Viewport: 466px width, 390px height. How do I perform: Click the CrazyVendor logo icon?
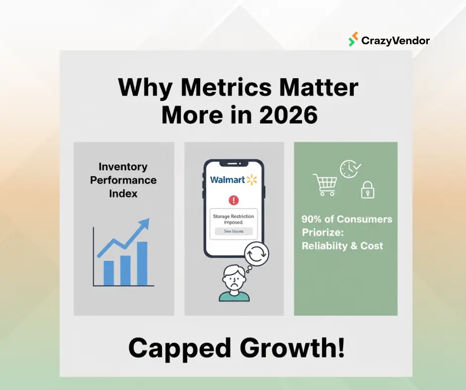[x=353, y=40]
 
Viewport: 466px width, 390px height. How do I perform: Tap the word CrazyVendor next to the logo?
[x=395, y=40]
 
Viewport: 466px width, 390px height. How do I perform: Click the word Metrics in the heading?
[x=226, y=88]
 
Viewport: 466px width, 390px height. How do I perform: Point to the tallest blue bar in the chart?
[x=142, y=263]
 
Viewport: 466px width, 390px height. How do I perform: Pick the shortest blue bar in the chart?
[x=109, y=273]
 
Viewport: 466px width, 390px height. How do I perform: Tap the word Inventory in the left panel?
[x=123, y=167]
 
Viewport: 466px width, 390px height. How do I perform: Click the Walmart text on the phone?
[x=228, y=180]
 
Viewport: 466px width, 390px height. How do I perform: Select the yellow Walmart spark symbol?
[x=252, y=179]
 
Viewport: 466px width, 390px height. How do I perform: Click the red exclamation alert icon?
[x=233, y=200]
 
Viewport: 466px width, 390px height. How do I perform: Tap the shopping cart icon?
[x=325, y=185]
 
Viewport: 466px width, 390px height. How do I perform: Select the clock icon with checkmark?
[x=349, y=169]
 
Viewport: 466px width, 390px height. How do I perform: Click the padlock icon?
[x=367, y=190]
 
